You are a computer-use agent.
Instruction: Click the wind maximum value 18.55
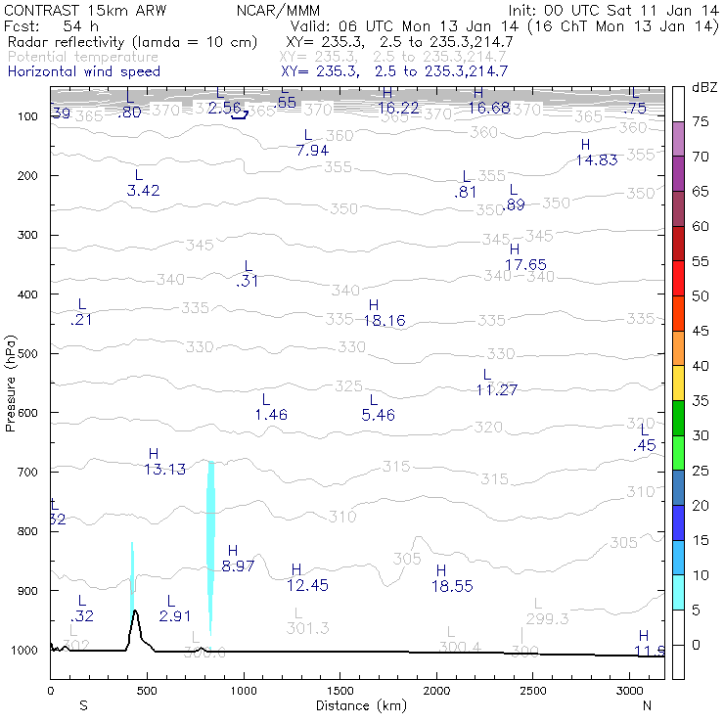pos(453,584)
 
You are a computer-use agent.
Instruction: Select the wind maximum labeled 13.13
pos(164,469)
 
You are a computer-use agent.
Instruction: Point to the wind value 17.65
pos(525,264)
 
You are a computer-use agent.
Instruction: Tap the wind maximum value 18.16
pos(385,320)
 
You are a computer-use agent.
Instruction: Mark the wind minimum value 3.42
pos(144,190)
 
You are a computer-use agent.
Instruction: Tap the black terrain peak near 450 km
pos(135,613)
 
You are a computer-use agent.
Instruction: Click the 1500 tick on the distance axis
pos(339,691)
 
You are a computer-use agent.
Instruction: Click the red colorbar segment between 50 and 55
pos(678,278)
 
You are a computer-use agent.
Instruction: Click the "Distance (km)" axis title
pos(356,705)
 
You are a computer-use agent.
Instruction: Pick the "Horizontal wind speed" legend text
pos(83,71)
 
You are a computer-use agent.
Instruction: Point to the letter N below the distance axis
pos(648,705)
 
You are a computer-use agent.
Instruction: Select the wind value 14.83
pos(596,159)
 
